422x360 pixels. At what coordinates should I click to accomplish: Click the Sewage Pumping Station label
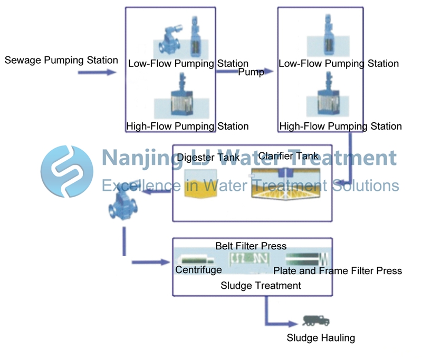pyautogui.click(x=61, y=60)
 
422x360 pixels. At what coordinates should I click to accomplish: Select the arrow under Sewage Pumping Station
pyautogui.click(x=97, y=72)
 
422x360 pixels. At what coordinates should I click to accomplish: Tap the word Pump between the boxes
pyautogui.click(x=251, y=72)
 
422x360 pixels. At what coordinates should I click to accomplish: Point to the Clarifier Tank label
pyautogui.click(x=288, y=156)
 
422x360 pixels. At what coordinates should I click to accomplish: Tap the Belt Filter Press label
pyautogui.click(x=251, y=246)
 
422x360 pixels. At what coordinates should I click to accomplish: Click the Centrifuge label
pyautogui.click(x=198, y=270)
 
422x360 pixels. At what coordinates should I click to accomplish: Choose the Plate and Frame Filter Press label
pyautogui.click(x=338, y=271)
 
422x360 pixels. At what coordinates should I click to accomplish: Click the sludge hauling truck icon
pyautogui.click(x=316, y=320)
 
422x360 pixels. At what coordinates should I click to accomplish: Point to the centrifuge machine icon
pyautogui.click(x=195, y=260)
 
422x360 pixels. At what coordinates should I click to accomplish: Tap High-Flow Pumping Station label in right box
pyautogui.click(x=340, y=127)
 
